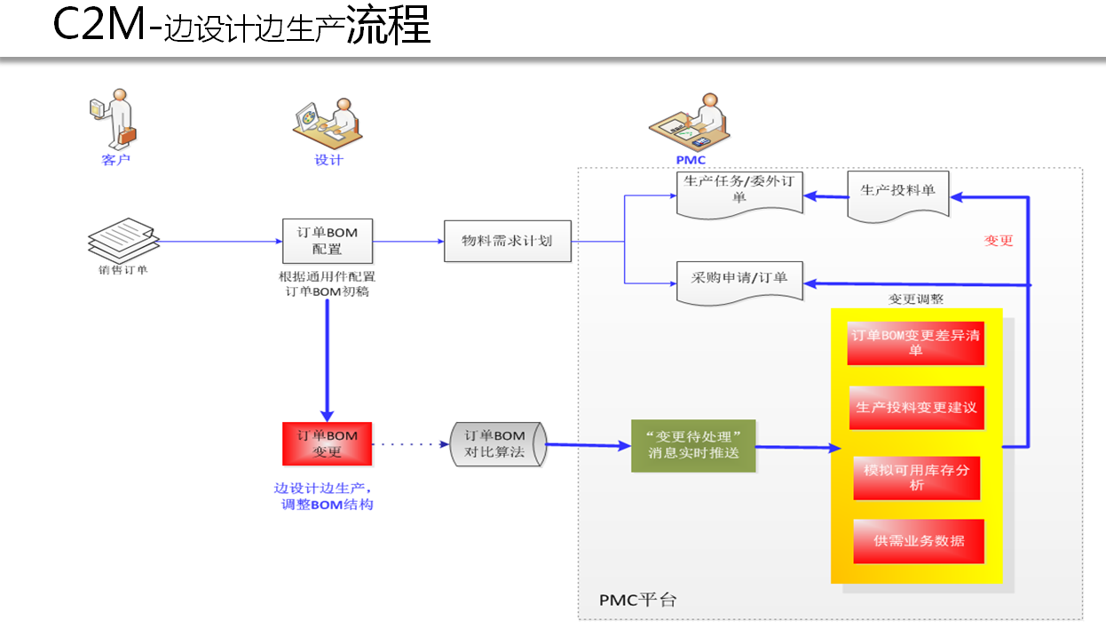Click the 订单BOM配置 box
pos(327,241)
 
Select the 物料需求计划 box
pos(507,241)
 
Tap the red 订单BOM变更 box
pos(327,443)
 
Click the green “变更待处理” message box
pos(693,445)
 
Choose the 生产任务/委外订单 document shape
pos(739,192)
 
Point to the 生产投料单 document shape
pos(897,194)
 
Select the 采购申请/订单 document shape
pos(739,281)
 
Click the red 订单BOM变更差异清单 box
pos(915,342)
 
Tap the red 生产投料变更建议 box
pos(915,408)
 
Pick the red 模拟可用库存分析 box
pos(915,477)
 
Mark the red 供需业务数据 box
pos(918,540)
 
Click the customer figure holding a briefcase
pos(113,119)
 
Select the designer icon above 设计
pos(327,123)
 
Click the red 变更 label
pos(999,240)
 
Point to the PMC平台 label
pos(637,600)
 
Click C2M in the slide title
pos(99,27)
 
